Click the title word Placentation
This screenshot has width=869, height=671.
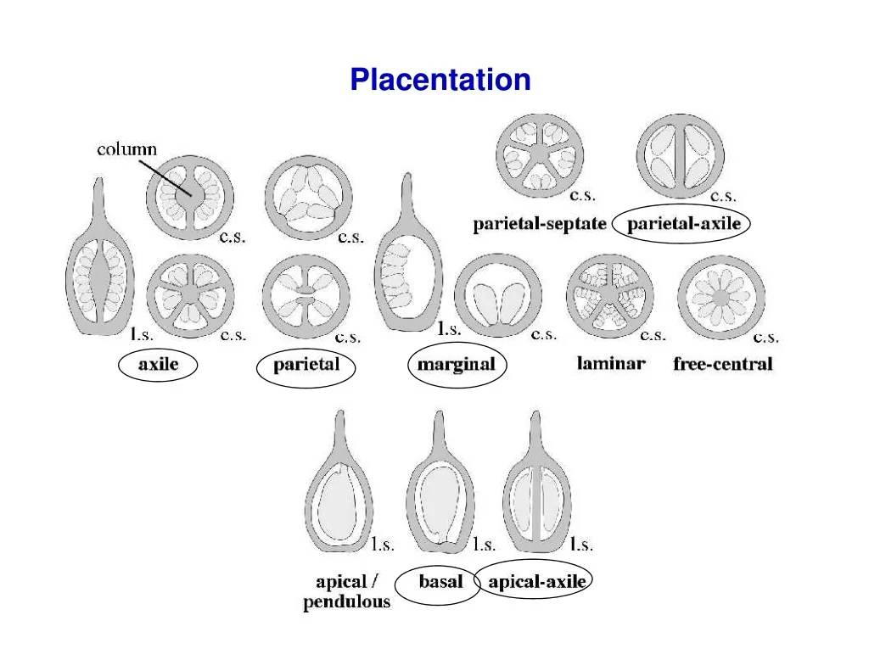click(440, 79)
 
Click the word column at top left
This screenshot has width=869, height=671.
click(127, 149)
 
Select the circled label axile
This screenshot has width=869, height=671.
click(159, 364)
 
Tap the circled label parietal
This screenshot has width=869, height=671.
click(306, 365)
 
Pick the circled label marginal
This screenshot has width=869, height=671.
click(456, 365)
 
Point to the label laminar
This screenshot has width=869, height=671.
click(611, 363)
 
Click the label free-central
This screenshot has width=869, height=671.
click(723, 363)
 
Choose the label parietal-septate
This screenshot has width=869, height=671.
click(539, 224)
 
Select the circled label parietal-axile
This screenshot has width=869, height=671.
click(684, 224)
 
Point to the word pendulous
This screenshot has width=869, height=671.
click(347, 602)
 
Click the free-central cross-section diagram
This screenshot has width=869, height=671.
click(721, 298)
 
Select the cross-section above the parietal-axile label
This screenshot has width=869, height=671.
click(681, 156)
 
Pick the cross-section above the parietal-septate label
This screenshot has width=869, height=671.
click(540, 156)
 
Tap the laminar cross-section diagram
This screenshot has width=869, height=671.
click(609, 297)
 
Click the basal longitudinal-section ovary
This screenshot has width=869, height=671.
click(440, 482)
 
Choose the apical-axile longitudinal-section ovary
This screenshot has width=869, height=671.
click(536, 482)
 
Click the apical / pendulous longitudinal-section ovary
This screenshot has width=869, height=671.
click(339, 482)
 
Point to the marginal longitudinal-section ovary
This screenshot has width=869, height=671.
click(409, 252)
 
